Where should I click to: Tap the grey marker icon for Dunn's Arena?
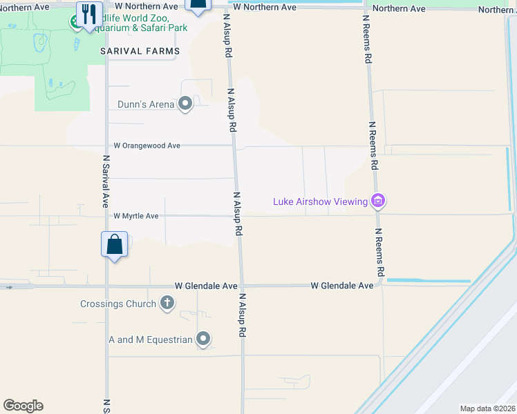[x=185, y=104]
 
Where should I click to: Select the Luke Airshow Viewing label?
[x=320, y=201]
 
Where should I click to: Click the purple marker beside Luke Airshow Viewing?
[x=378, y=201]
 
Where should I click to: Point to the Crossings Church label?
[x=118, y=303]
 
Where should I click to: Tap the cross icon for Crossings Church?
[x=167, y=302]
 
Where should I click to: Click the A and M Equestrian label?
[x=151, y=339]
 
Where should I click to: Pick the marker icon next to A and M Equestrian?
[x=203, y=338]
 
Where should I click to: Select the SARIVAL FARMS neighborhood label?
[x=140, y=51]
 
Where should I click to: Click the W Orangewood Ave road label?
[x=147, y=146]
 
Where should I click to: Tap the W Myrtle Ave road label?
[x=136, y=216]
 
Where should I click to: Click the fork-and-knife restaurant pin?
[x=89, y=14]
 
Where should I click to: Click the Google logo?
[x=23, y=406]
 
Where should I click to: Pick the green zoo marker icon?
[x=75, y=21]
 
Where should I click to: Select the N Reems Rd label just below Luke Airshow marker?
[x=380, y=253]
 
